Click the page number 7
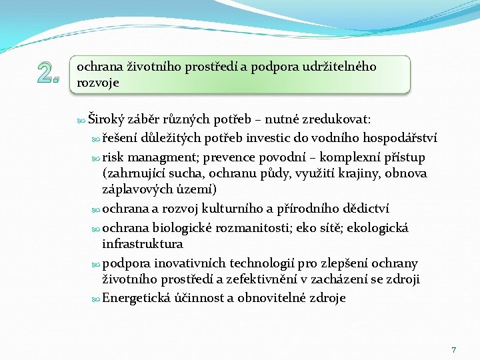[454, 349]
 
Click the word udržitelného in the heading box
[340, 67]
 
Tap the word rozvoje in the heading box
[98, 83]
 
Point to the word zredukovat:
[336, 120]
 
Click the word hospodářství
[397, 139]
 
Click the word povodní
[275, 157]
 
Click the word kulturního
[229, 209]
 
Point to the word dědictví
[363, 209]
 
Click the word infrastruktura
[143, 244]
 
